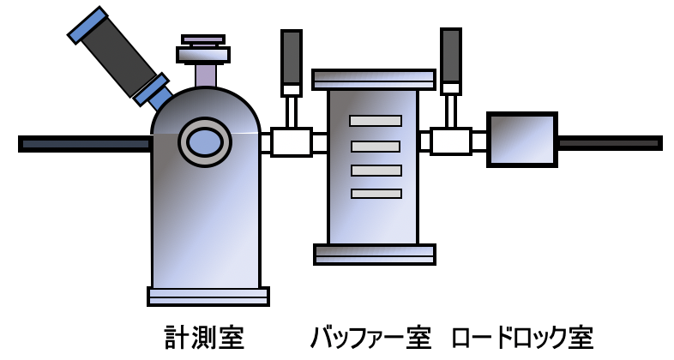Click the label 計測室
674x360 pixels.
click(205, 338)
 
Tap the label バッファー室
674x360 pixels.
click(370, 338)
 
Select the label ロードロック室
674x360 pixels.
click(523, 338)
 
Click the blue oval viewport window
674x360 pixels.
click(205, 141)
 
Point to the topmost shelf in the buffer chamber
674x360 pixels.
click(376, 121)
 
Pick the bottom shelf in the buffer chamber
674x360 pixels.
click(376, 194)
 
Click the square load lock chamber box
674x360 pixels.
click(522, 140)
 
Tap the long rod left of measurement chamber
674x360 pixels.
click(85, 144)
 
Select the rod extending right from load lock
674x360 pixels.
click(610, 143)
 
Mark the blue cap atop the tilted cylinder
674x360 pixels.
click(88, 25)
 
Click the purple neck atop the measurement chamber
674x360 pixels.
click(207, 75)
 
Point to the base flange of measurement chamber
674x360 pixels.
click(208, 297)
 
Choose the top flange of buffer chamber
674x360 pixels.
click(374, 80)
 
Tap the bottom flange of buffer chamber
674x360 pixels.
click(375, 255)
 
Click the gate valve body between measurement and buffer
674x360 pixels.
click(292, 142)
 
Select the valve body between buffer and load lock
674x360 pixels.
click(451, 141)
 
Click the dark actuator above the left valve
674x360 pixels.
click(292, 57)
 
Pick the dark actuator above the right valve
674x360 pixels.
click(451, 56)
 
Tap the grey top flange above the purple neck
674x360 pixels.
click(203, 55)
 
